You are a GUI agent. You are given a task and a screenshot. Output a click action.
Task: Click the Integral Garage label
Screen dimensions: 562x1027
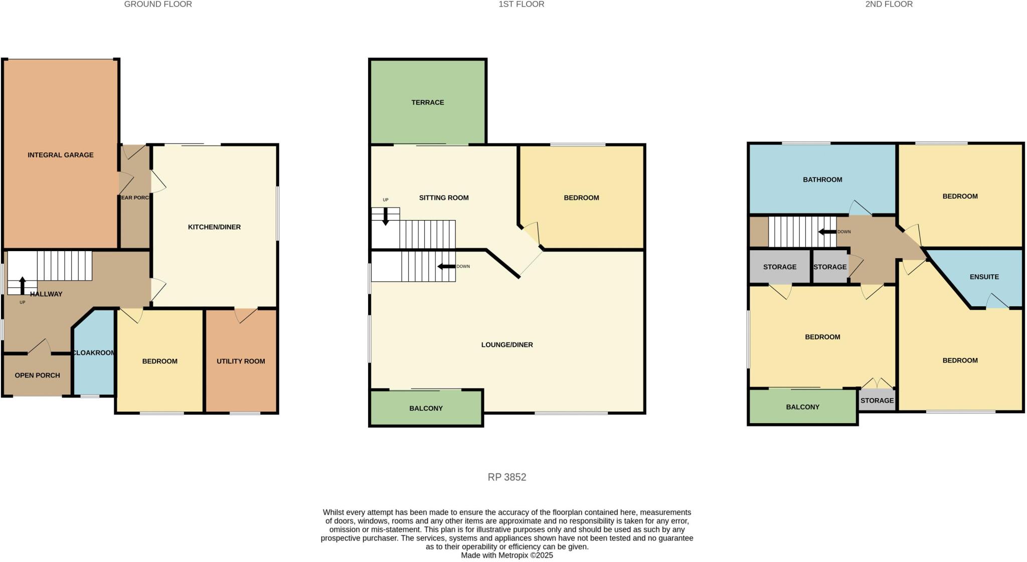[60, 155]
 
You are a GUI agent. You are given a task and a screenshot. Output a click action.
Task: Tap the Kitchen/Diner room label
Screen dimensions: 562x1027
[214, 227]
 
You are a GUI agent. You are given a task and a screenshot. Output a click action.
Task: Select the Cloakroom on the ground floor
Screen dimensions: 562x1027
[94, 353]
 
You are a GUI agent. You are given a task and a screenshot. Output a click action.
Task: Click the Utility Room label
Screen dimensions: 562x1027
[241, 361]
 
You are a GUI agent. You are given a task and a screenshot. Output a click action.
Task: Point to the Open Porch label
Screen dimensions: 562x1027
[37, 375]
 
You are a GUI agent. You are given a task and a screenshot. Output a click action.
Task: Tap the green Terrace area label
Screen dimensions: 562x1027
[427, 102]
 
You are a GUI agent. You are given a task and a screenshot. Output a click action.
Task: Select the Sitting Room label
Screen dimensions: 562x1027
[444, 198]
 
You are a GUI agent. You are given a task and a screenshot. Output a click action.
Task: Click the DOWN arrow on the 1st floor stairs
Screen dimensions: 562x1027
[445, 266]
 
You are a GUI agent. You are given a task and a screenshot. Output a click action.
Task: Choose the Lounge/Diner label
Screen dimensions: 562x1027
[506, 344]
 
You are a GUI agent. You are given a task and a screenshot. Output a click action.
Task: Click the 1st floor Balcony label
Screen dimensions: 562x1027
[426, 408]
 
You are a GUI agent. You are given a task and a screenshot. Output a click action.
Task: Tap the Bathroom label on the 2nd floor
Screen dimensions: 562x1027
[822, 179]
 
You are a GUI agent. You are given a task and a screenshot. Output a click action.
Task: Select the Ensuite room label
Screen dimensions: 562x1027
[984, 277]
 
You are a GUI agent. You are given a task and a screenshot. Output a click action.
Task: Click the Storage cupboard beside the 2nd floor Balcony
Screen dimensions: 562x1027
[877, 401]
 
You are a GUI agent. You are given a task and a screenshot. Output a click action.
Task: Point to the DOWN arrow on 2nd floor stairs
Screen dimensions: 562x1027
[826, 232]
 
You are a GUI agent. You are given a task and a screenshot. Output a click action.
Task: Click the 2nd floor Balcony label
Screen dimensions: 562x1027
[802, 407]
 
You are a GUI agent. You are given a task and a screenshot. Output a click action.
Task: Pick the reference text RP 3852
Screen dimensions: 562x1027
[506, 477]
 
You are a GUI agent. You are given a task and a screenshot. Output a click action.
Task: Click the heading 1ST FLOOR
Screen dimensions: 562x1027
[521, 5]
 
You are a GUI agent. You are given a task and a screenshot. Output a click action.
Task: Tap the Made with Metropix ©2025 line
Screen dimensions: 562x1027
[506, 555]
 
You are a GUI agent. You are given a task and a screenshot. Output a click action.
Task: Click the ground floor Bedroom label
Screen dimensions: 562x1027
[159, 361]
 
